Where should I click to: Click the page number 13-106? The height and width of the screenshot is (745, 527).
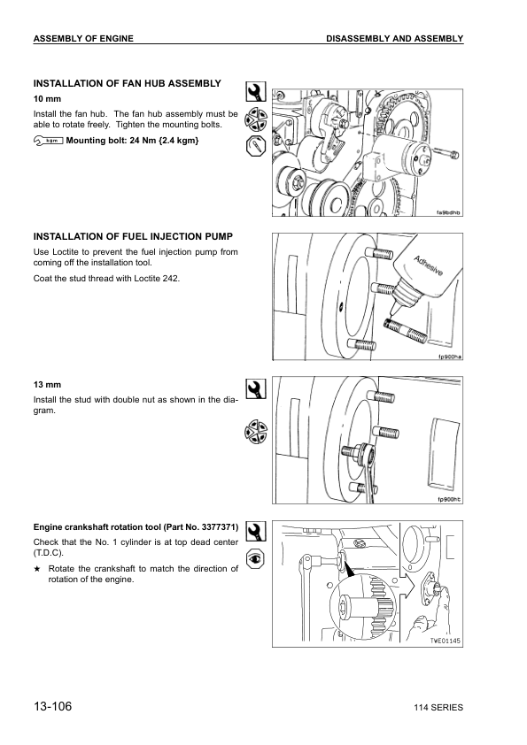[52, 706]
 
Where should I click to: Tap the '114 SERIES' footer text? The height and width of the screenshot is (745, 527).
[438, 708]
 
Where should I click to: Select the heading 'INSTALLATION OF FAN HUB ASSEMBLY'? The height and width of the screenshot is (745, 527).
[127, 84]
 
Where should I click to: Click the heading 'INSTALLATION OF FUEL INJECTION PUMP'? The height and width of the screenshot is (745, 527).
[133, 236]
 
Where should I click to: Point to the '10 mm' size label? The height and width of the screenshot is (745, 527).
[47, 99]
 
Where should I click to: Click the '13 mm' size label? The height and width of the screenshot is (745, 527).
[47, 385]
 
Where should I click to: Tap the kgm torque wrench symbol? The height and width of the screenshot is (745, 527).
[49, 141]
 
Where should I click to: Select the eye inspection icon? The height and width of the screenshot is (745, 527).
[256, 559]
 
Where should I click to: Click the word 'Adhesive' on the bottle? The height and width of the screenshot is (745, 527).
[428, 266]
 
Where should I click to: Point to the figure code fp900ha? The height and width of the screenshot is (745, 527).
[449, 357]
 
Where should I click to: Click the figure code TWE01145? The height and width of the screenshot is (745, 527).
[446, 641]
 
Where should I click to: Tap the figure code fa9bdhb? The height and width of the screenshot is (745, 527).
[448, 213]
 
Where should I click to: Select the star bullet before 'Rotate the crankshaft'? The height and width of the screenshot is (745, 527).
[36, 569]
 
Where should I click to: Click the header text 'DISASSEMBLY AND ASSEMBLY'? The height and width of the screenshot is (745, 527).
[394, 39]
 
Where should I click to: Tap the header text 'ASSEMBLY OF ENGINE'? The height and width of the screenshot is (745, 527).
[83, 39]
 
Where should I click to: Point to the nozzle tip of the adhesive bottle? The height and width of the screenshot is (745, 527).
[391, 314]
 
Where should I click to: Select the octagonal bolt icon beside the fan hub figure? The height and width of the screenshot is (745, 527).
[256, 146]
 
